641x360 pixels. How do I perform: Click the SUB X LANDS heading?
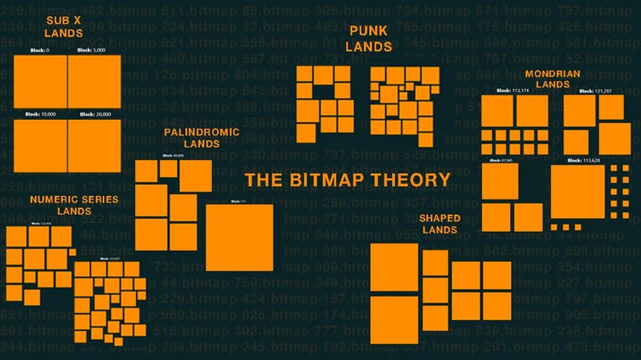tap(63, 26)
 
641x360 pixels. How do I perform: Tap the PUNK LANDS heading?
tap(368, 38)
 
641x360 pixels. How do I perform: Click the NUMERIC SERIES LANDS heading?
tap(74, 204)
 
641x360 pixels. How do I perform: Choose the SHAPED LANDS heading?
tap(438, 224)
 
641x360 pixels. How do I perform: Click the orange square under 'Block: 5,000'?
tap(94, 81)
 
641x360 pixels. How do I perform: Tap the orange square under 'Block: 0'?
tap(40, 81)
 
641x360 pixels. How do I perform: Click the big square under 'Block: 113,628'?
tap(578, 192)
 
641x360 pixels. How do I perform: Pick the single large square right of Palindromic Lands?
tap(239, 237)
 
